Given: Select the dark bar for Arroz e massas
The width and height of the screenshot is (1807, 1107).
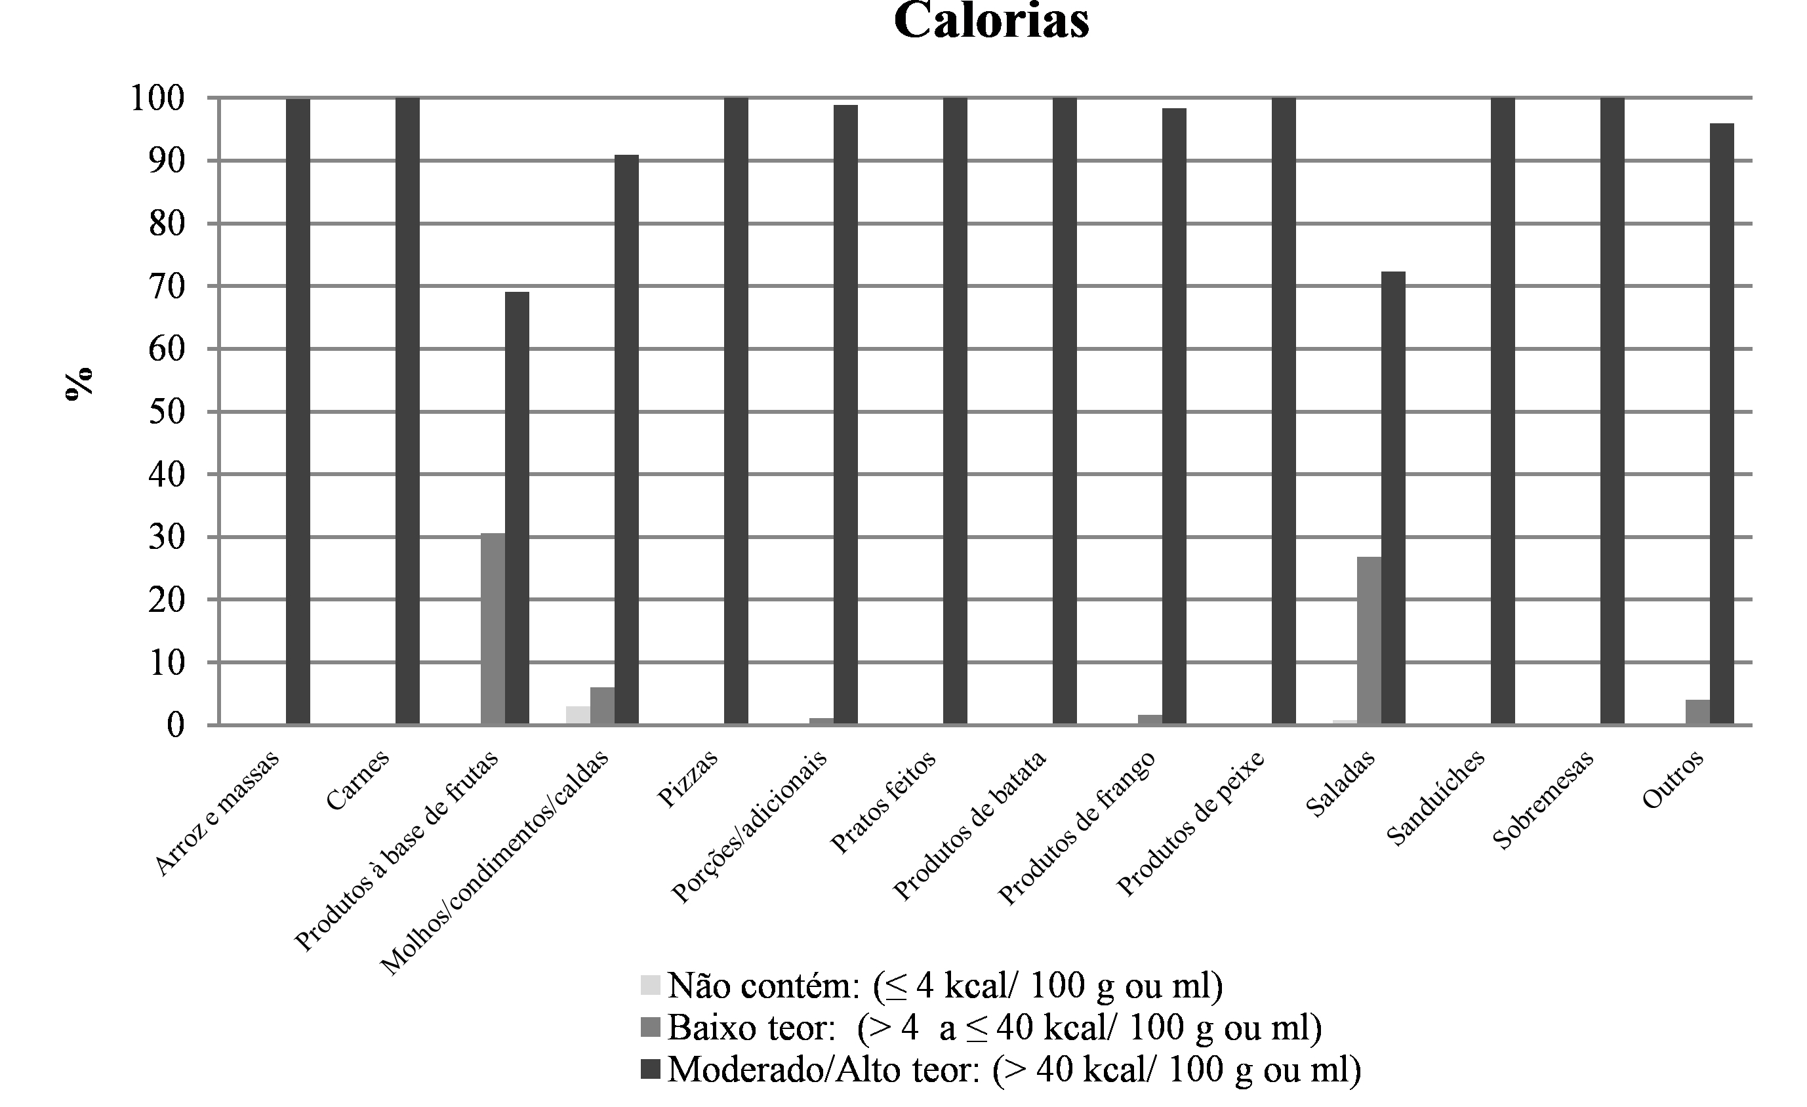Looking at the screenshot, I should point(298,411).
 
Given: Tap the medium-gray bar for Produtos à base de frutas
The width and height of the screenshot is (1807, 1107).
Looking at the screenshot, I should point(493,629).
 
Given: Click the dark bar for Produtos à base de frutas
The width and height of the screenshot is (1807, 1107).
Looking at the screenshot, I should point(517,508).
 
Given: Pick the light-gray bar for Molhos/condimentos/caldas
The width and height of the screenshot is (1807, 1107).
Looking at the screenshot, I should point(578,715).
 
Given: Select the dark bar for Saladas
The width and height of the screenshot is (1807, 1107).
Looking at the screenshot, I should point(1393,498).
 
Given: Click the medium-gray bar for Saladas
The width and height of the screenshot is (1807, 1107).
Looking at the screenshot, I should point(1369,641).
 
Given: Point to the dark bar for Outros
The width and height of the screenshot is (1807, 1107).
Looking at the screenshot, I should point(1722,424).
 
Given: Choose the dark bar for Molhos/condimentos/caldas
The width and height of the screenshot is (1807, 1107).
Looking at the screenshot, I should point(626,440).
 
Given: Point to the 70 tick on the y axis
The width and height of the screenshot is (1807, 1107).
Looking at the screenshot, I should point(166,286).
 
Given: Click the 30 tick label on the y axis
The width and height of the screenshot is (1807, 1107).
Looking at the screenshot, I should point(166,537).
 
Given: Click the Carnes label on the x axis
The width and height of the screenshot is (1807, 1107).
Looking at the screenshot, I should point(357,781).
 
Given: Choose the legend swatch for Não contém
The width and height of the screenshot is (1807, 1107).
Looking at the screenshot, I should point(650,984).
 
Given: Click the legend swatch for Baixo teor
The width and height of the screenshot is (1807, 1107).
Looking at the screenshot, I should point(650,1026).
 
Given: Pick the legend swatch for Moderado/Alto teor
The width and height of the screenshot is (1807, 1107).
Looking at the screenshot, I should point(650,1068).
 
